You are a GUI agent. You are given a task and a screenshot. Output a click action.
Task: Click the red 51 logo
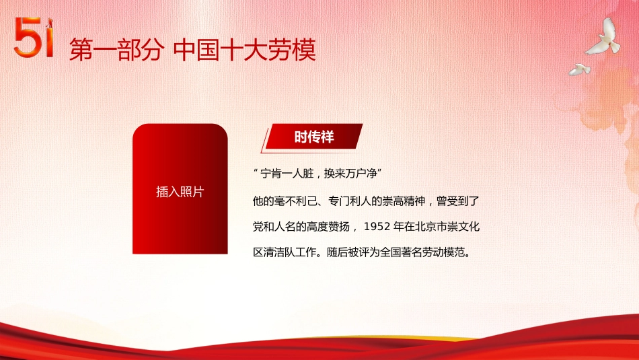point(34,39)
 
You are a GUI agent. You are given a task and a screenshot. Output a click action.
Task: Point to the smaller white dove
point(579,69)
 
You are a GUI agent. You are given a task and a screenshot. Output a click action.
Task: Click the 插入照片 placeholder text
point(180,192)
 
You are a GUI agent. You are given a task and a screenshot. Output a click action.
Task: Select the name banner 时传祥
point(314,137)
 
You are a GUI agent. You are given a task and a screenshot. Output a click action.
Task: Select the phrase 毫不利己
point(293,201)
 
